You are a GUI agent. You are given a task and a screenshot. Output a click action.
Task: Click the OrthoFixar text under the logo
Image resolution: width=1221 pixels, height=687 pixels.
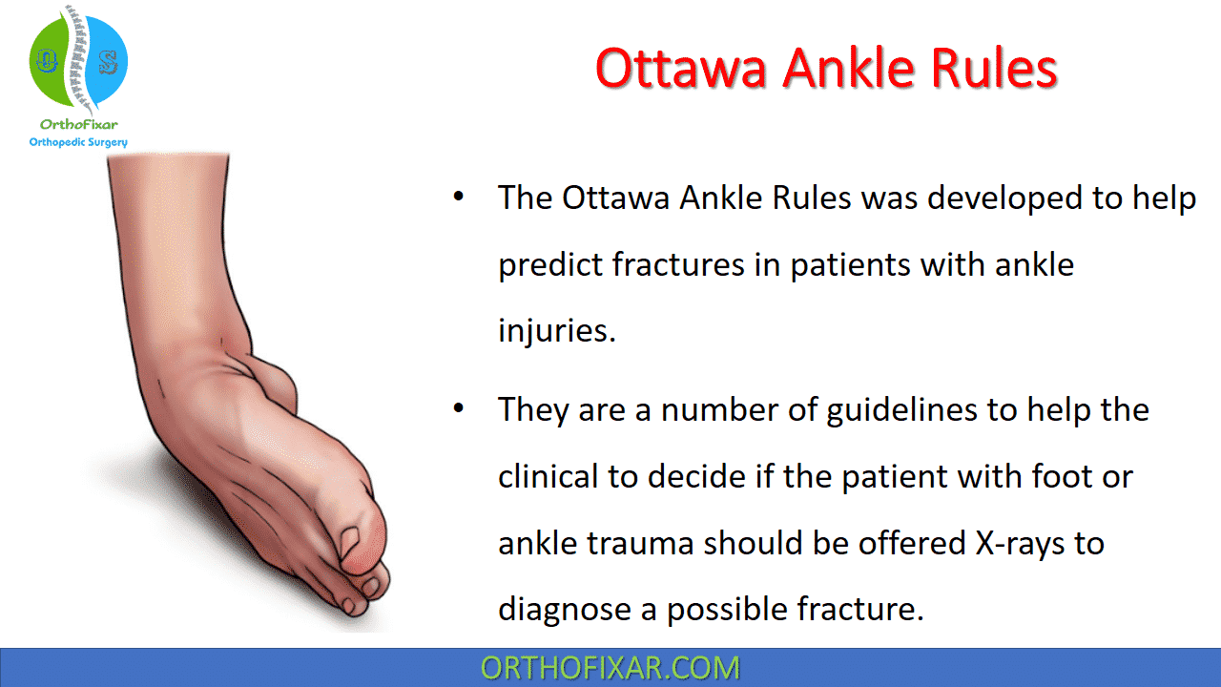pos(78,125)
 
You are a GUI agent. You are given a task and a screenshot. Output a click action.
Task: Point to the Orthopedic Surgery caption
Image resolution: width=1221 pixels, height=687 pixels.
pos(78,142)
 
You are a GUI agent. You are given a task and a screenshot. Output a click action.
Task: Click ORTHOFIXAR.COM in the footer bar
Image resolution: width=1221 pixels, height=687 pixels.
pos(610,668)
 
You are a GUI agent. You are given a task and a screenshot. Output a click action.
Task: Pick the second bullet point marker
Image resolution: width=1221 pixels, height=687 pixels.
pos(459,409)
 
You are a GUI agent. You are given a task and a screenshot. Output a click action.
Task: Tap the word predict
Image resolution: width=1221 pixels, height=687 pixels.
pos(549,264)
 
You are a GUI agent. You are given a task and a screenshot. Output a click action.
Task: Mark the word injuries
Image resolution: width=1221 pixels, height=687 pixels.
pos(557,331)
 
